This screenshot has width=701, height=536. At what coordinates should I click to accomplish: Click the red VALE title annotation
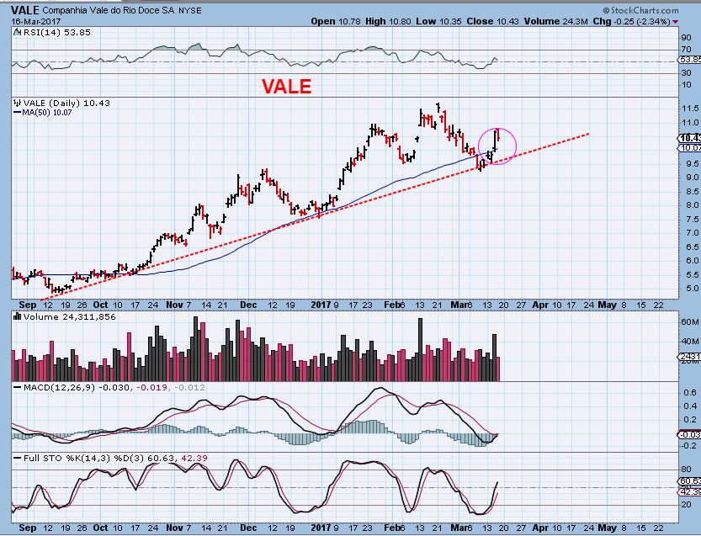[286, 86]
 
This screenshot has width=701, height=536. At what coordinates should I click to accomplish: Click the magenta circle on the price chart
[497, 145]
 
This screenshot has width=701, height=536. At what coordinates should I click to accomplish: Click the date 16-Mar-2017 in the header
[33, 21]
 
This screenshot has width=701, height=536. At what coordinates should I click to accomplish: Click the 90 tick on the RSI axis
[686, 37]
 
